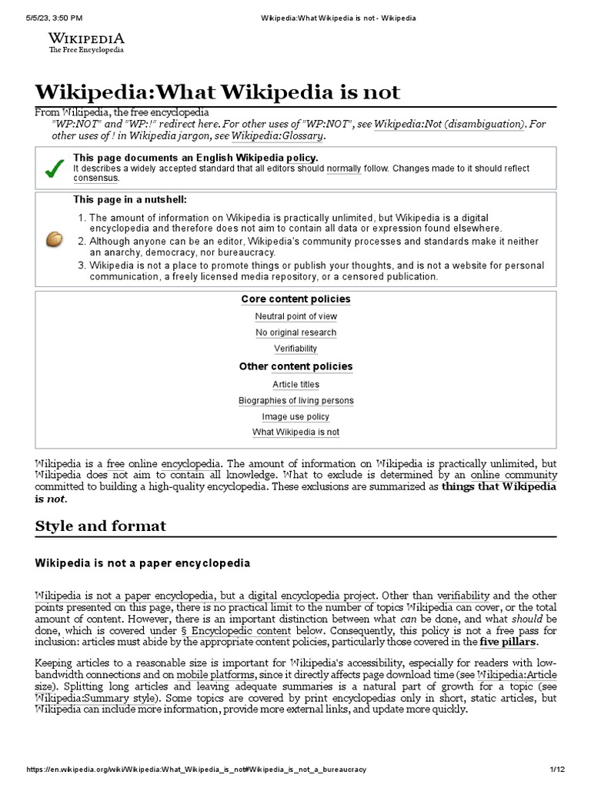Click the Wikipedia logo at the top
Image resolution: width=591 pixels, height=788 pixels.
[86, 42]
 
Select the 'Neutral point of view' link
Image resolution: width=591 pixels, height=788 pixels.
[295, 316]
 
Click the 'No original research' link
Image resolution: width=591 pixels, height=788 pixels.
[295, 332]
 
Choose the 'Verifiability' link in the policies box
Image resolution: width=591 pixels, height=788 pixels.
[295, 349]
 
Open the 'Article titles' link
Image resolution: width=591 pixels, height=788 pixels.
[295, 385]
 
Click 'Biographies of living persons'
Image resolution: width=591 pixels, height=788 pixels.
[295, 401]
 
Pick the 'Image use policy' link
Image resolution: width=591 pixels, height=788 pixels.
[295, 417]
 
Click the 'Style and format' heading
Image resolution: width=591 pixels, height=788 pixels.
[100, 527]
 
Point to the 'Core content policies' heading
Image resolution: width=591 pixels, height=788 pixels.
[295, 299]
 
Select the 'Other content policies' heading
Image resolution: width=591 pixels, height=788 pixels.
[295, 367]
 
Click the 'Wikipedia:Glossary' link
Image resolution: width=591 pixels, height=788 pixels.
[278, 136]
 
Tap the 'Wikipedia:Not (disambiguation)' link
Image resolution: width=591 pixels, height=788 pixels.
[450, 123]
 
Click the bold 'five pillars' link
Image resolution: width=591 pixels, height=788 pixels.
[508, 641]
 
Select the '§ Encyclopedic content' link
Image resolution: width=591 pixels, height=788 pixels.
[241, 629]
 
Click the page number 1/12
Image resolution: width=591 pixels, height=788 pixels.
[558, 770]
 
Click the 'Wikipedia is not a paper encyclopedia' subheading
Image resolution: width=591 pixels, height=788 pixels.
[142, 563]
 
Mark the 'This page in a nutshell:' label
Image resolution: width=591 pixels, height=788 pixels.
[130, 200]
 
